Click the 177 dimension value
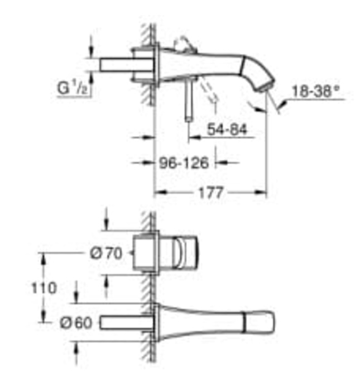[210, 193]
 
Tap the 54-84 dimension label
[227, 130]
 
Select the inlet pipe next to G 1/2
[117, 64]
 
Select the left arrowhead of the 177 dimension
[158, 193]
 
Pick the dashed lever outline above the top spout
[182, 44]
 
